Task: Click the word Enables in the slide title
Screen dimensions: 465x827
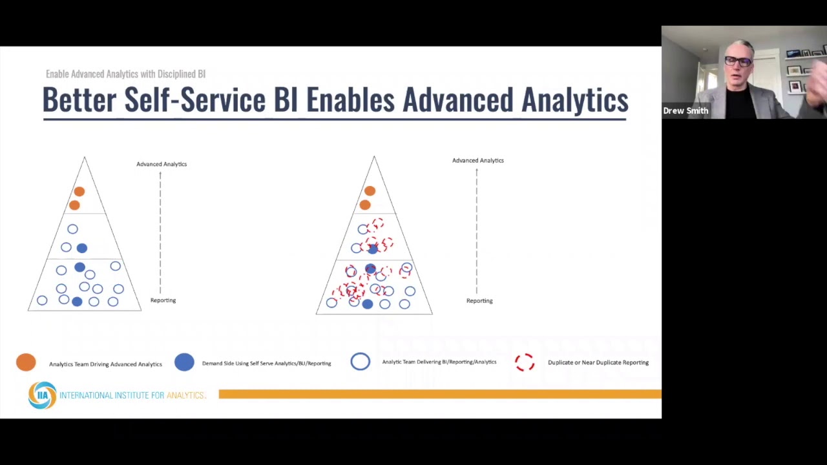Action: pos(350,100)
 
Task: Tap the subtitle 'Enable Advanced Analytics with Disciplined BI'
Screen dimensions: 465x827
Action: pos(125,74)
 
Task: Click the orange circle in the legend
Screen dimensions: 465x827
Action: pos(26,362)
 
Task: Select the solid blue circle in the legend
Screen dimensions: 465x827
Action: pos(184,362)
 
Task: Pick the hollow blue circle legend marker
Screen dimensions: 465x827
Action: pos(361,362)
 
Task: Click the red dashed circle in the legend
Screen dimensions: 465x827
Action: pos(525,362)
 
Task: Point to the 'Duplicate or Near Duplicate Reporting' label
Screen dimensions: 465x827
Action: pos(598,362)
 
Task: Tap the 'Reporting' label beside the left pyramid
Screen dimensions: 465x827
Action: pos(163,300)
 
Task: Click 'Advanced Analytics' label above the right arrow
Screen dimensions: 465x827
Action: pos(477,160)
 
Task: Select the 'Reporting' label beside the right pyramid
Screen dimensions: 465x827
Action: pos(479,301)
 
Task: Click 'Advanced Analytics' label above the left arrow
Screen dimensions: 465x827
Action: pos(162,164)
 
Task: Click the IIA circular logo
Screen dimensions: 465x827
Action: pos(42,395)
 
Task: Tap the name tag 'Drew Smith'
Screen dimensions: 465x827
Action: pos(686,111)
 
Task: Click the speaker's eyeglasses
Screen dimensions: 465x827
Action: pos(738,62)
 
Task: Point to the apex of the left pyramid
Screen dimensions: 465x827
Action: pos(84,158)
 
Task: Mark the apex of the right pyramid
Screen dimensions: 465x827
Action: pos(373,157)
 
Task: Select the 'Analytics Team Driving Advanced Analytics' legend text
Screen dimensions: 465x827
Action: pos(105,364)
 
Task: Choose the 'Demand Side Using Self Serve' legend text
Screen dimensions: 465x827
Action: pos(266,364)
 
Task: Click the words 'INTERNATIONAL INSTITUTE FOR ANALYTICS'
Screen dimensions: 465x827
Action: pos(132,395)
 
